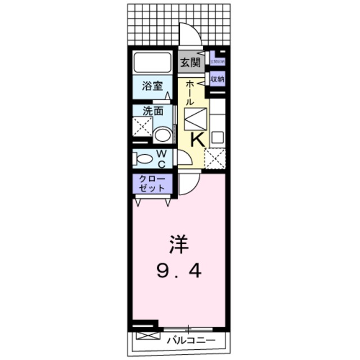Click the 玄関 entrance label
(191, 62)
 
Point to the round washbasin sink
(163, 135)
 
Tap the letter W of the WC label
(160, 153)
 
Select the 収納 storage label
(217, 79)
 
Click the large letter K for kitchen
(197, 139)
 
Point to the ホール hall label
(190, 93)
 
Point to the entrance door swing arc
(190, 34)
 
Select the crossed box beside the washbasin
(142, 127)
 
